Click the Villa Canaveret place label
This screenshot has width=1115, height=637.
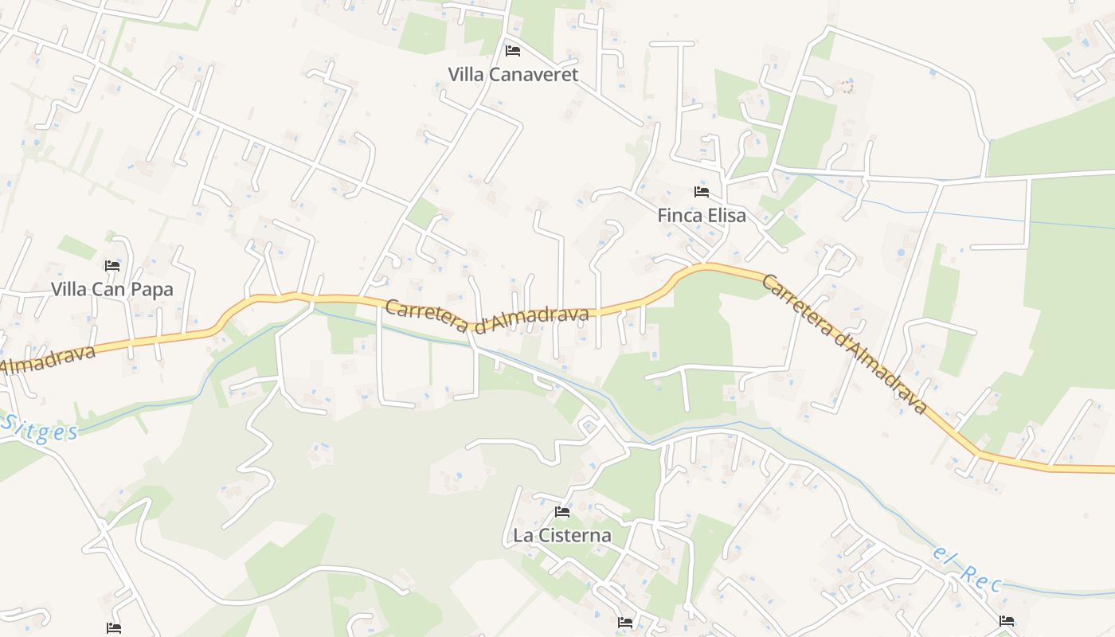click(513, 75)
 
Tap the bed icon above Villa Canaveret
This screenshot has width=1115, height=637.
click(513, 51)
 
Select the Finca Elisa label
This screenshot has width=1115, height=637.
click(702, 215)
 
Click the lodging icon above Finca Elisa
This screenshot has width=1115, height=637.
click(702, 192)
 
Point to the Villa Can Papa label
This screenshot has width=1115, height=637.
click(112, 289)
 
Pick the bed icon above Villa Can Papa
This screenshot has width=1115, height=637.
click(112, 266)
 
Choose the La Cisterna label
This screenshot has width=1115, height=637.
click(562, 535)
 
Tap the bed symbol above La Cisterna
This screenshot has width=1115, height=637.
click(562, 512)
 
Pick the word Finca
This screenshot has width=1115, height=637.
click(679, 215)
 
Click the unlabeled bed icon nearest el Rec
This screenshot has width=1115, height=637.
click(1007, 621)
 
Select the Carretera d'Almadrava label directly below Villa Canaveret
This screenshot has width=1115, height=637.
click(487, 315)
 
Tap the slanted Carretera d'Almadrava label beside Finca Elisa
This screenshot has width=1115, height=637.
click(844, 344)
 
